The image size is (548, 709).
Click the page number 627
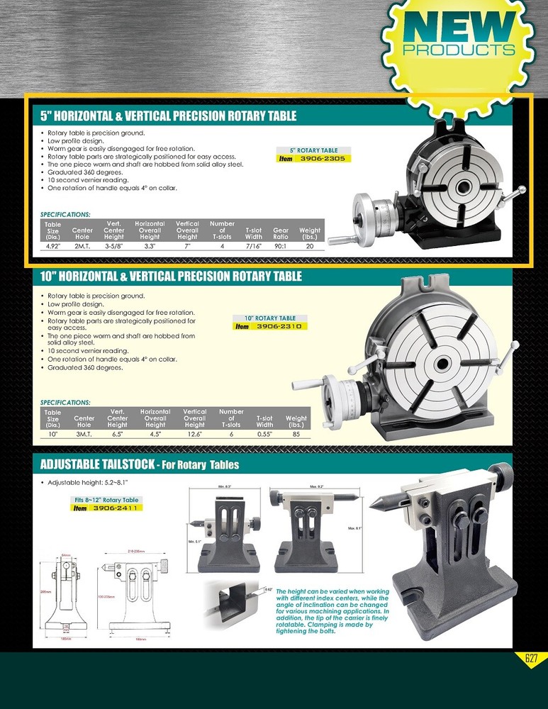click(531, 659)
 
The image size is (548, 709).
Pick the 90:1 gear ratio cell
click(281, 246)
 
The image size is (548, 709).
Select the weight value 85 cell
click(296, 434)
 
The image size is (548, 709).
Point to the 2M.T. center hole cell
click(82, 246)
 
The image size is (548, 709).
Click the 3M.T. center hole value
click(84, 434)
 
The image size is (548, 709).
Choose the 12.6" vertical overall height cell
click(194, 434)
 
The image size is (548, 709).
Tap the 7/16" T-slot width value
click(253, 246)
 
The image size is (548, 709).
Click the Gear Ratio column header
click(281, 233)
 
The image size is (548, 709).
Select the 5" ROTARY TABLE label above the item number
click(313, 150)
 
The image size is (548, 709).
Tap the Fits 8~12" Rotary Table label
click(106, 500)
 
